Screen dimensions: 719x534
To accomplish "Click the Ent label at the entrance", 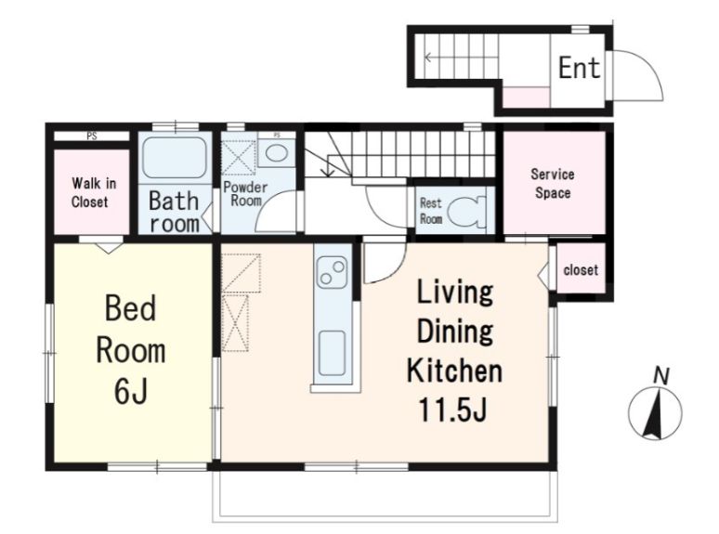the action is coord(579,68).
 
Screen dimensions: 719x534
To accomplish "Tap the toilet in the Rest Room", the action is coord(466,212).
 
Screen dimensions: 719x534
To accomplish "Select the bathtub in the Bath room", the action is coord(174,157).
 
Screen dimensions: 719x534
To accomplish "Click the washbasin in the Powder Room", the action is coord(277,153).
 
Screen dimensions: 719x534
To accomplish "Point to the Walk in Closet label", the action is coord(94,192).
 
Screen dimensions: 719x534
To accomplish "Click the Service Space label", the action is coord(553,183).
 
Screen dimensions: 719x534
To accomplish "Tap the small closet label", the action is coord(581,270).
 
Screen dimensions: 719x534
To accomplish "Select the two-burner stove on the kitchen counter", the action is coord(333,272).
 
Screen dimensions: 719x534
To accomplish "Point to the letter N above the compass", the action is coord(661,376).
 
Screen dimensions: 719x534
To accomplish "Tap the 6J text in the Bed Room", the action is coord(131,392).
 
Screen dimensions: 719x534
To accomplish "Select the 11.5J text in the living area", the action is coord(452,410).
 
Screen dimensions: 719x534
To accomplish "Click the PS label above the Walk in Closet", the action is coord(92,137).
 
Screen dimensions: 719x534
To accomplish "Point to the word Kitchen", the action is coord(454,371).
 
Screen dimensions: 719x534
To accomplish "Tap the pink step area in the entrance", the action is coord(527,98).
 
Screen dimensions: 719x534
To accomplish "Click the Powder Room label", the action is coord(245,194).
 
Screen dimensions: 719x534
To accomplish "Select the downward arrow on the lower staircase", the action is coord(328,166).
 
